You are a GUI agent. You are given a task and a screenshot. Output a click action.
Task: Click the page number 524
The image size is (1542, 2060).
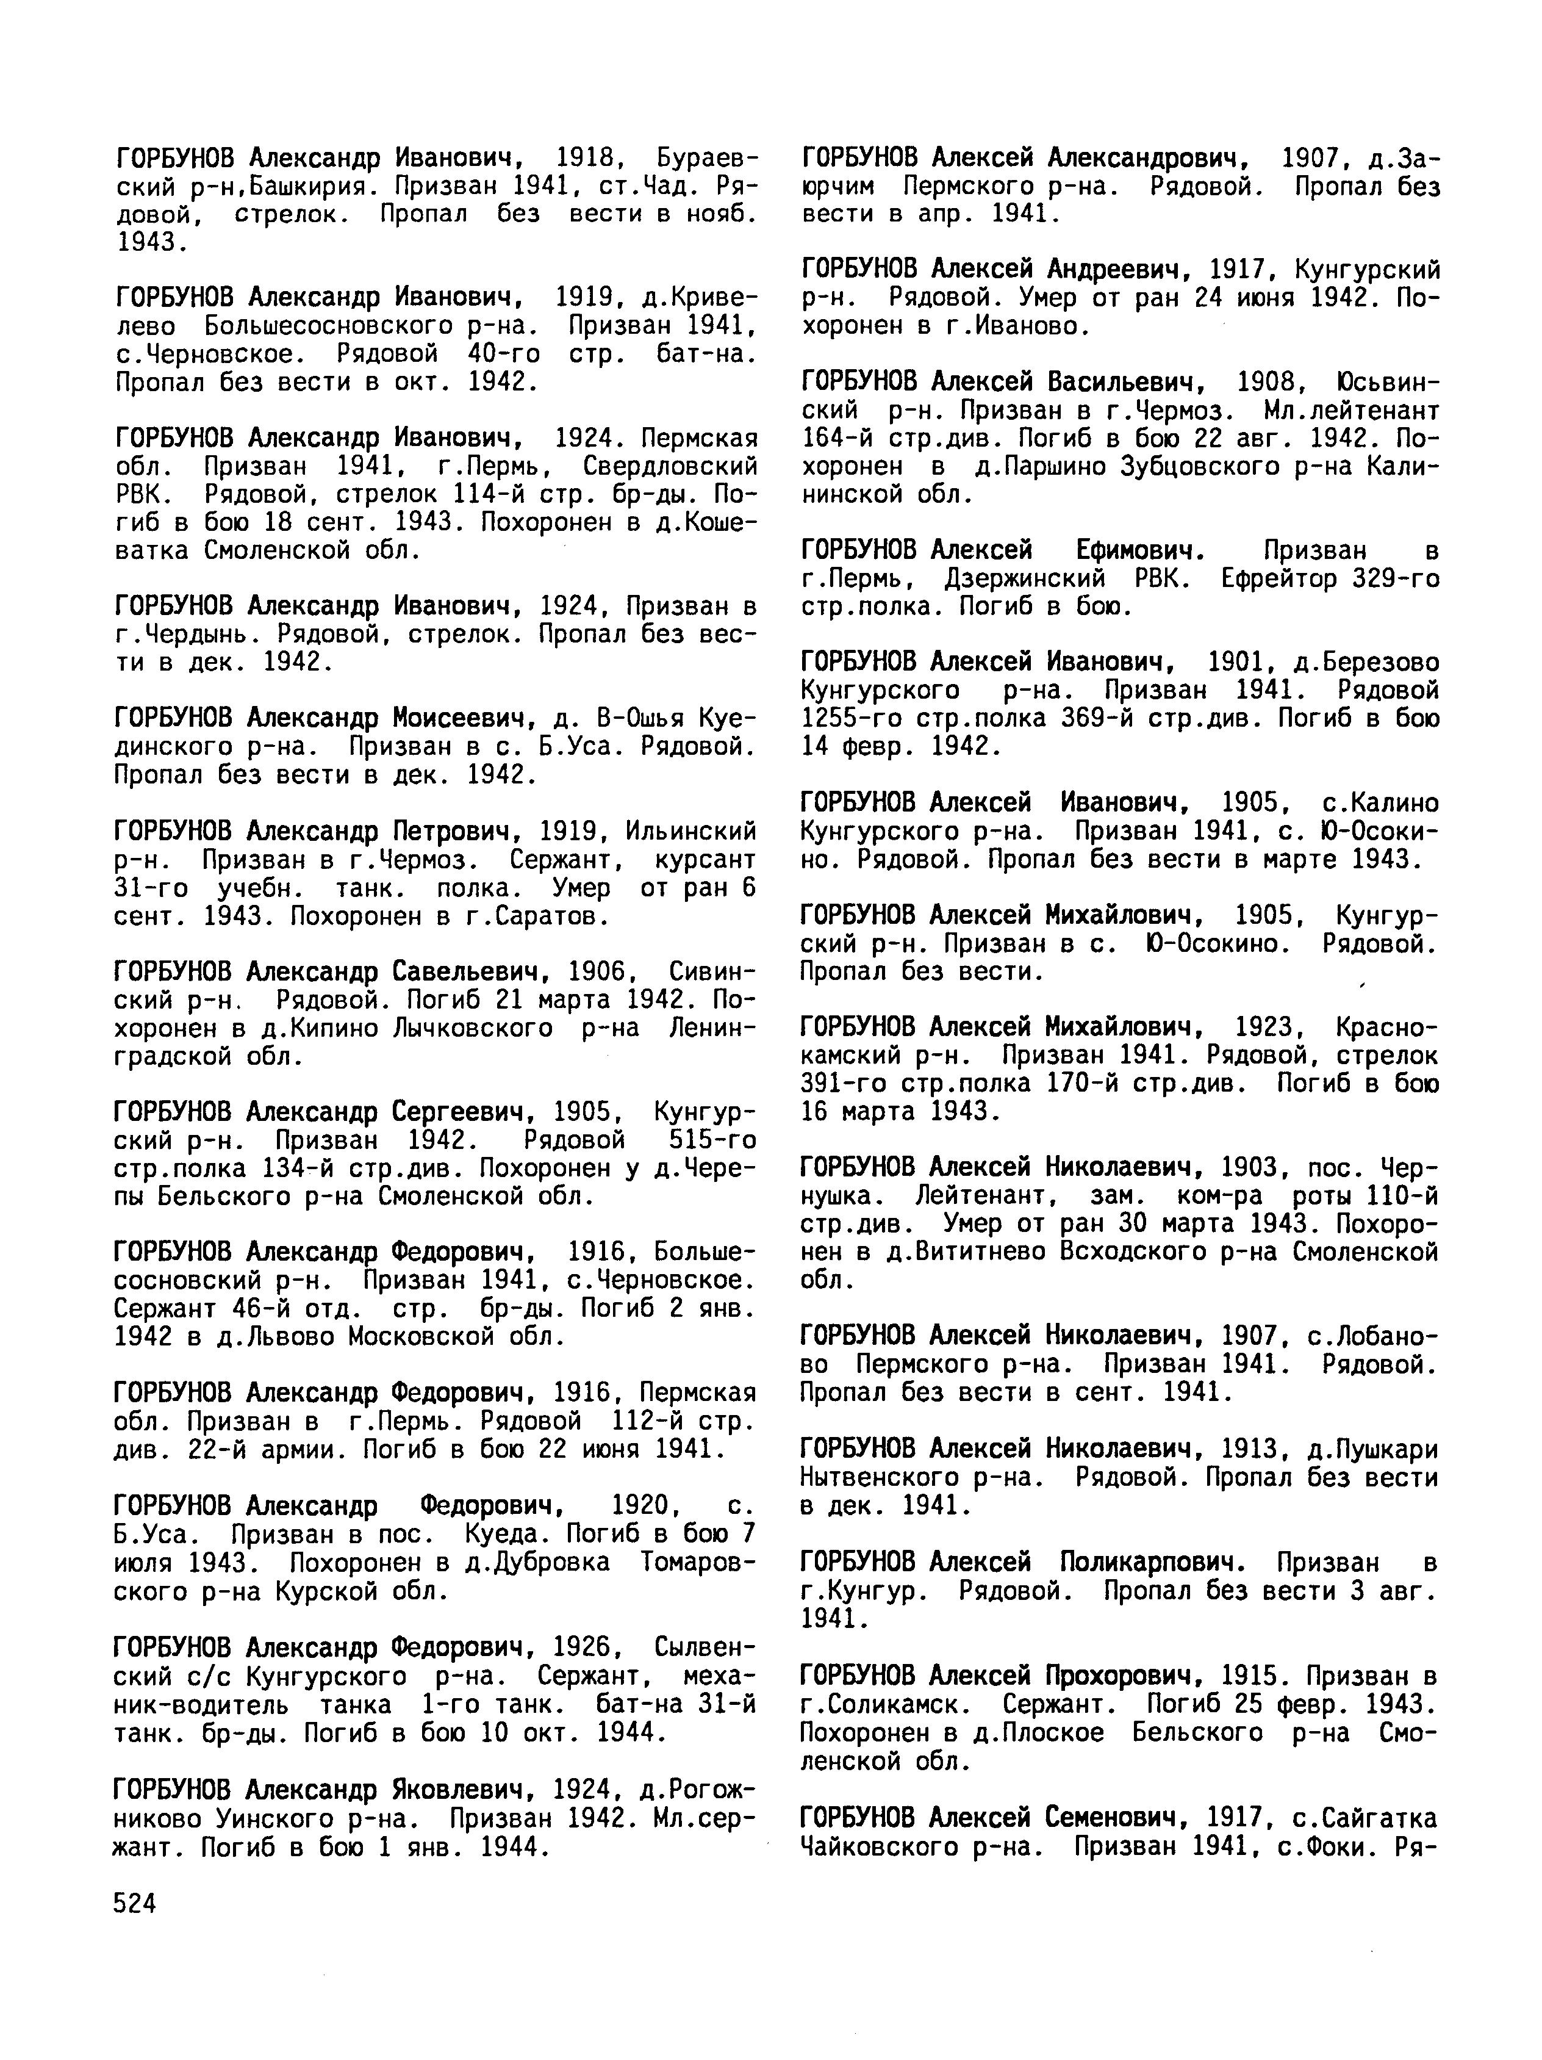[x=134, y=1904]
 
